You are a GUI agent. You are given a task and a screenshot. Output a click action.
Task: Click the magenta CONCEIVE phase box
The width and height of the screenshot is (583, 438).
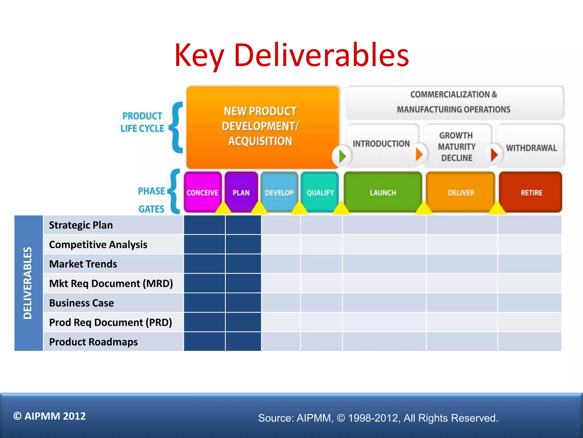click(x=202, y=192)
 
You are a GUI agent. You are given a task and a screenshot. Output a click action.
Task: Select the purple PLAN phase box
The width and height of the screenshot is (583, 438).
click(x=241, y=192)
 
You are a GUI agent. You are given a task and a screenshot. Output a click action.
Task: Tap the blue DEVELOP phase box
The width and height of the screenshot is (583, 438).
click(x=279, y=192)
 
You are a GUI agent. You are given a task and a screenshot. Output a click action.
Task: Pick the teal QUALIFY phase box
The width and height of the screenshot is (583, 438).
click(x=320, y=192)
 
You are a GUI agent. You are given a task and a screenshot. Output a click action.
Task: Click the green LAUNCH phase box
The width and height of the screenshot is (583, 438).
click(x=383, y=192)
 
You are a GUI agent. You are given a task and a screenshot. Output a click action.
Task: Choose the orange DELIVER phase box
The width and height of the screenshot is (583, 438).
click(x=461, y=192)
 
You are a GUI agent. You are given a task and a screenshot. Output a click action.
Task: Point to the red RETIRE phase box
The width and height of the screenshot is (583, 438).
click(x=531, y=192)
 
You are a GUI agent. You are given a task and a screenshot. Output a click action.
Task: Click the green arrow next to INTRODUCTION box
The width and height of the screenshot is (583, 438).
click(x=342, y=156)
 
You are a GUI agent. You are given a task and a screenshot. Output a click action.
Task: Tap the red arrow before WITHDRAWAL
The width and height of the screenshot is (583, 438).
click(x=494, y=155)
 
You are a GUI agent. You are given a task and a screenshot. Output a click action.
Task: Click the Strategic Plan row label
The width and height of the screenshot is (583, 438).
click(x=81, y=225)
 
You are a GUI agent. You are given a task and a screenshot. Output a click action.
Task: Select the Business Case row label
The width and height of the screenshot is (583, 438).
click(x=81, y=303)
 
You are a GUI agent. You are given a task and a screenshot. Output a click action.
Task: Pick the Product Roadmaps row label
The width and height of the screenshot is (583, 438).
click(x=93, y=342)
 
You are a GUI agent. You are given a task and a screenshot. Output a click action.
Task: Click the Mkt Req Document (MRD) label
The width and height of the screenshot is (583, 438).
click(x=111, y=283)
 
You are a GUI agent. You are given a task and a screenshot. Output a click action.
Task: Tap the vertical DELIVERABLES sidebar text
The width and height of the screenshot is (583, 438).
click(x=28, y=283)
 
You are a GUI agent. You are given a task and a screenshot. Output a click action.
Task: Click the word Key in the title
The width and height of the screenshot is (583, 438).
click(x=199, y=56)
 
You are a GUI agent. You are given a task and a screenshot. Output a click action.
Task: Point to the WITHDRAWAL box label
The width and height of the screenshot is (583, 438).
click(x=531, y=148)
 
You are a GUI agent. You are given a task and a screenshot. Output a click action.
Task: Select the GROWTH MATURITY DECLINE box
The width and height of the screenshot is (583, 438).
click(x=457, y=147)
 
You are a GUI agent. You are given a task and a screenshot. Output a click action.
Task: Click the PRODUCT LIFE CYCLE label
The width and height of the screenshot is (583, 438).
click(x=142, y=122)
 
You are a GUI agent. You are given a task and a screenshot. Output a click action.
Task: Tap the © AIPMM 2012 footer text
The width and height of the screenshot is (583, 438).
click(x=50, y=416)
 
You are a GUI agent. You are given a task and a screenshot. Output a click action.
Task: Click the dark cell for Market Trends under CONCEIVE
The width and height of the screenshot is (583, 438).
click(x=204, y=264)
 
